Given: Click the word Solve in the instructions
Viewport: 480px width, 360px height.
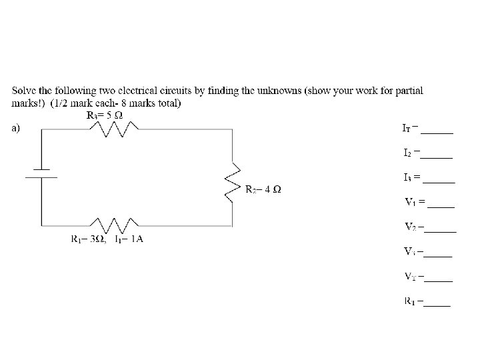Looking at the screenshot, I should tap(25, 90).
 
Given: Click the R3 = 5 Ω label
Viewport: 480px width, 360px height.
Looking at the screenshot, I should tap(105, 115).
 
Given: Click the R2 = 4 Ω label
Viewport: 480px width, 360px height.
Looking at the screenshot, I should tap(263, 189).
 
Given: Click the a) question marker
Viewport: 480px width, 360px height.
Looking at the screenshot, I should tap(17, 129).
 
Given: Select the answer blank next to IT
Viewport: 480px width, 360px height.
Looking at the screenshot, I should tap(437, 132).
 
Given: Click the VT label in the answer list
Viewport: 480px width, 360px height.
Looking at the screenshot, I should tap(411, 276).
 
